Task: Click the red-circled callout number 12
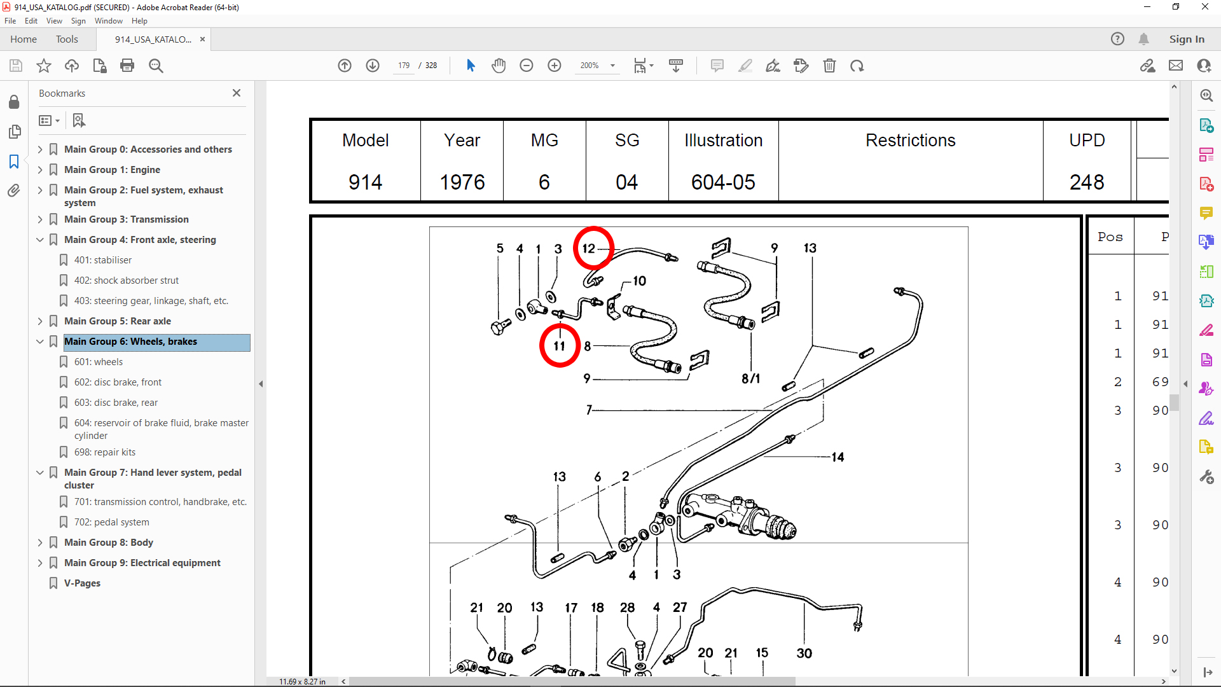point(589,248)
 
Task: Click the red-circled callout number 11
point(559,346)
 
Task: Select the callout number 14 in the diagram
point(838,457)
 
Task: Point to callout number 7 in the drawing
point(589,410)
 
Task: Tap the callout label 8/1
point(750,378)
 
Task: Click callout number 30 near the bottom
point(804,653)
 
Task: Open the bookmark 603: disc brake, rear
point(116,403)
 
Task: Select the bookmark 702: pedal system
point(111,522)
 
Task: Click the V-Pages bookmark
point(82,583)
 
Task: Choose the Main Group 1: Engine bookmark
point(112,170)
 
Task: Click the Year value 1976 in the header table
point(462,183)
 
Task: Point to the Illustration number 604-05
point(723,183)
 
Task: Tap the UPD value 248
point(1087,183)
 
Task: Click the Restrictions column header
point(910,141)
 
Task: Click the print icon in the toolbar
point(127,66)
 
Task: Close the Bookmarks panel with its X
point(237,93)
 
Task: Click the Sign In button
point(1187,39)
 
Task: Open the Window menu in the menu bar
point(109,21)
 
